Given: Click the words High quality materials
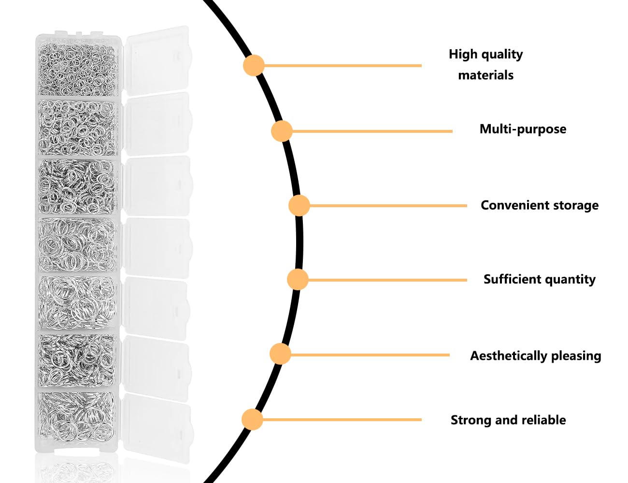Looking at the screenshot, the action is (486, 64).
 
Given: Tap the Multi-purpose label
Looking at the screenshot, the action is (523, 129).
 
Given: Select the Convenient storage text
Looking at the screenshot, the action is (540, 205).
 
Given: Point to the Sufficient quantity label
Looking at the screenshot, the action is (540, 279).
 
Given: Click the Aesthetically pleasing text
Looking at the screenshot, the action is (536, 355).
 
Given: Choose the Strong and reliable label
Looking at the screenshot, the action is (508, 420).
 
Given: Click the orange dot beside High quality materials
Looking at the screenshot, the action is (254, 66).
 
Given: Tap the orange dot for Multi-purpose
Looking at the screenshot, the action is (282, 131).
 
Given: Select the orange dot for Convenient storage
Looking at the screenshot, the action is (299, 205).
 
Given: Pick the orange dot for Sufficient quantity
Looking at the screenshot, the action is (298, 279).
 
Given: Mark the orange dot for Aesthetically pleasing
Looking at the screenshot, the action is (280, 354).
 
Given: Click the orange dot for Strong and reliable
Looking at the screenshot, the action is (252, 419).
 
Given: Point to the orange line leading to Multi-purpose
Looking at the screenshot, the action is (372, 131).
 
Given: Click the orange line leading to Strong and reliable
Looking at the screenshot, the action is (342, 420).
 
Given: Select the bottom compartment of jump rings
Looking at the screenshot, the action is (77, 417).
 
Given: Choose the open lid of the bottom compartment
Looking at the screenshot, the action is (157, 427).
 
